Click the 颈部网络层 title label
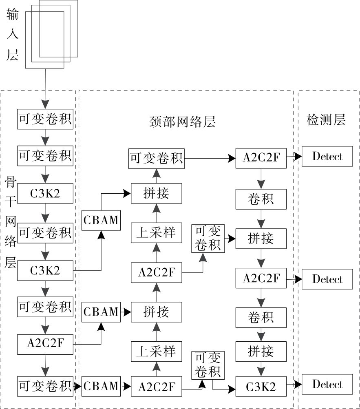[x=182, y=122]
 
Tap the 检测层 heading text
[x=326, y=120]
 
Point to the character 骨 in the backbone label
[x=11, y=183]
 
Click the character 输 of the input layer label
[x=12, y=15]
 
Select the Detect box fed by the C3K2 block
[x=327, y=384]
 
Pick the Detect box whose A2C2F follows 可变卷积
[x=327, y=156]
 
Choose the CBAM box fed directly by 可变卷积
[x=101, y=385]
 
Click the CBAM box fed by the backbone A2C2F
[x=101, y=312]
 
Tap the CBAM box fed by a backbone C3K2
[x=101, y=220]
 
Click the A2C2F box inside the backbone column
[x=45, y=344]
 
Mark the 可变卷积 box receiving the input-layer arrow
[x=45, y=119]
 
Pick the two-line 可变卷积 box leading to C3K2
[x=208, y=365]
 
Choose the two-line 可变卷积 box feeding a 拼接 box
[x=208, y=238]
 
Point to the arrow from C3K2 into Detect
[x=294, y=384]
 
